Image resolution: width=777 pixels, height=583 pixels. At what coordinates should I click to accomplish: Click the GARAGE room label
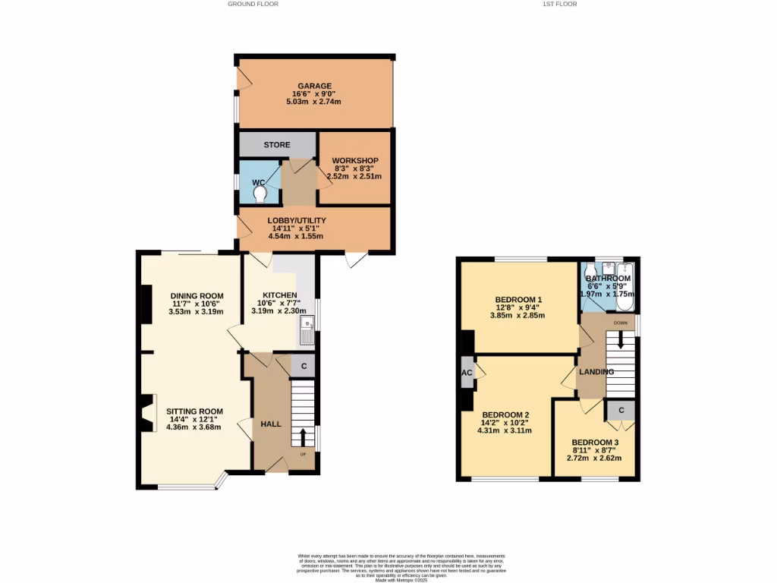(314, 86)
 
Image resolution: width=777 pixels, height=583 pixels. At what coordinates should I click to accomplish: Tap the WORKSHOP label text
(355, 160)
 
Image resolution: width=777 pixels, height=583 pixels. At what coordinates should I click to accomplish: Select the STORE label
(277, 144)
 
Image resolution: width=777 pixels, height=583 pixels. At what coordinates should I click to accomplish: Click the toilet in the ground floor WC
(261, 194)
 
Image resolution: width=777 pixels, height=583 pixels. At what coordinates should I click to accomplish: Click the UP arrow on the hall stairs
(303, 437)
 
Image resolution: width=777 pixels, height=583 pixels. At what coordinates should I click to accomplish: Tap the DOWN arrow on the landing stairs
(620, 342)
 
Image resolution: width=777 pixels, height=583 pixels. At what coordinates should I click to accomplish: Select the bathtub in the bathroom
(625, 288)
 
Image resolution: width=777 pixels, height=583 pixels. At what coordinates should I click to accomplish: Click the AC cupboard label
(467, 373)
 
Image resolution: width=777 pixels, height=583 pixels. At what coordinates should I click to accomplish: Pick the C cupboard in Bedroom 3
(621, 410)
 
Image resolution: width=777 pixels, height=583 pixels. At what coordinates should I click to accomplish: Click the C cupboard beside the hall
(304, 365)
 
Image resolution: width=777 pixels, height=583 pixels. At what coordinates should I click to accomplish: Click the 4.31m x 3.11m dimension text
(504, 430)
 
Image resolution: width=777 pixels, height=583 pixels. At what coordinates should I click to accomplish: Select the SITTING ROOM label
(196, 411)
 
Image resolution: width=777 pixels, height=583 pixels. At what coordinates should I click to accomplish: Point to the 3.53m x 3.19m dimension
(196, 311)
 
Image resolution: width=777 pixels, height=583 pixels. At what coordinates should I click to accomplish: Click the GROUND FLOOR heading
(253, 4)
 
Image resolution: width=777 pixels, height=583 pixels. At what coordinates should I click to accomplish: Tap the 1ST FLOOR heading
(560, 4)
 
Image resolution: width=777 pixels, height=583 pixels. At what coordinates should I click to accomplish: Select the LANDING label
(596, 371)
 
